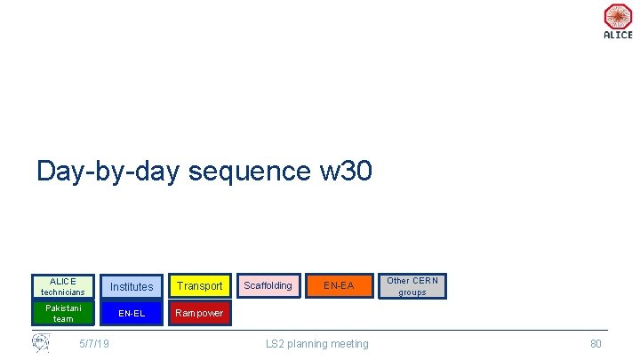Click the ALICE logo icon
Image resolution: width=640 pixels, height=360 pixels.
618,16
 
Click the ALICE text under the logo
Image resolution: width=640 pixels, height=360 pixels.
618,36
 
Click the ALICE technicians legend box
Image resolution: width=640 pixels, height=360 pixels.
63,286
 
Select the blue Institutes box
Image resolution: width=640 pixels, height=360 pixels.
132,286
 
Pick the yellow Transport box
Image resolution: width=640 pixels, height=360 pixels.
199,286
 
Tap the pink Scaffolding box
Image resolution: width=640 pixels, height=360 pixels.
268,285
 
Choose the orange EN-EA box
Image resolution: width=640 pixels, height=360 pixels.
338,285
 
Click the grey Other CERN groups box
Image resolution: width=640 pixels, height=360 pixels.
412,285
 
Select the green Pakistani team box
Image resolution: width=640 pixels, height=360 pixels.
63,313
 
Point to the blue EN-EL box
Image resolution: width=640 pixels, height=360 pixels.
132,313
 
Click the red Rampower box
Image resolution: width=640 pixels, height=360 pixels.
199,313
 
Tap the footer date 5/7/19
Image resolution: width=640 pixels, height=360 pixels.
94,344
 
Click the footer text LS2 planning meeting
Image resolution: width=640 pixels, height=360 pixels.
317,344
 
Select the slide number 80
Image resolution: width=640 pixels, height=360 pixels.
596,344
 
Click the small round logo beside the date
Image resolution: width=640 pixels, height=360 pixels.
41,342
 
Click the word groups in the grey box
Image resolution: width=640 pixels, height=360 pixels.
412,292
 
